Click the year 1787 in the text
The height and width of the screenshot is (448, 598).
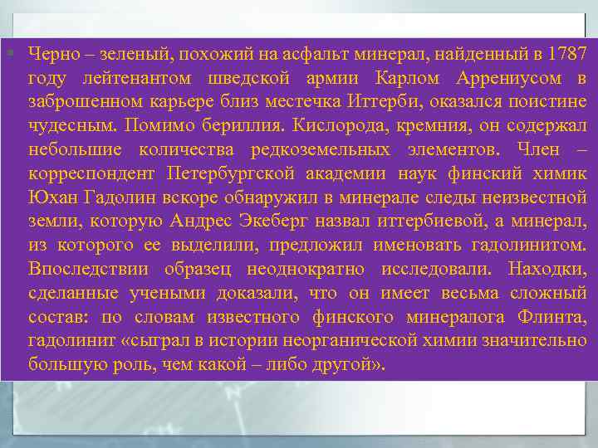(567, 56)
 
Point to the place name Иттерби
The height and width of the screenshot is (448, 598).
(401, 103)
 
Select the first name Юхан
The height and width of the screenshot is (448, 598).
(51, 198)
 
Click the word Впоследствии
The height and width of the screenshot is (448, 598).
(87, 270)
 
